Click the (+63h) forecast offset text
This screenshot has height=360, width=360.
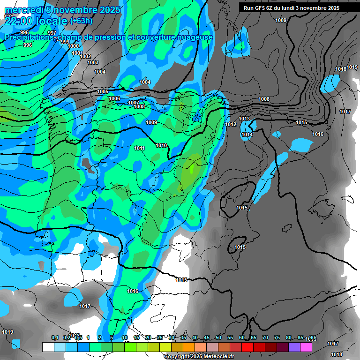point(81,21)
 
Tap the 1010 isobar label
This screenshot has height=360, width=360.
point(161,145)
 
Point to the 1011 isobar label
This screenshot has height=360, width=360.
point(139,148)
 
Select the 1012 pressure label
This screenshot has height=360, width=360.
point(231,124)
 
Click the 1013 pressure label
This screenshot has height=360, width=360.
point(244,119)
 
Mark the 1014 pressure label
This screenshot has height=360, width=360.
point(247,135)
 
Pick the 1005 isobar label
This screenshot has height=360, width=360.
point(103,91)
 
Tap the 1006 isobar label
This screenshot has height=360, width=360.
point(114,98)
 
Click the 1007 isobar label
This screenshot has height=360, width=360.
point(134,103)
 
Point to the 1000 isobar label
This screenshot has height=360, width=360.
point(73,46)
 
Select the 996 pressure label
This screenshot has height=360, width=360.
point(28,45)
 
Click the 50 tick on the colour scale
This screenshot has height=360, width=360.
point(218,337)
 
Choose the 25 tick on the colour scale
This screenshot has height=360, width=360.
point(160,337)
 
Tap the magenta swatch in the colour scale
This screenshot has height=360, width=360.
point(306,347)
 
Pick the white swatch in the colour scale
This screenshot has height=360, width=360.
point(48,347)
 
